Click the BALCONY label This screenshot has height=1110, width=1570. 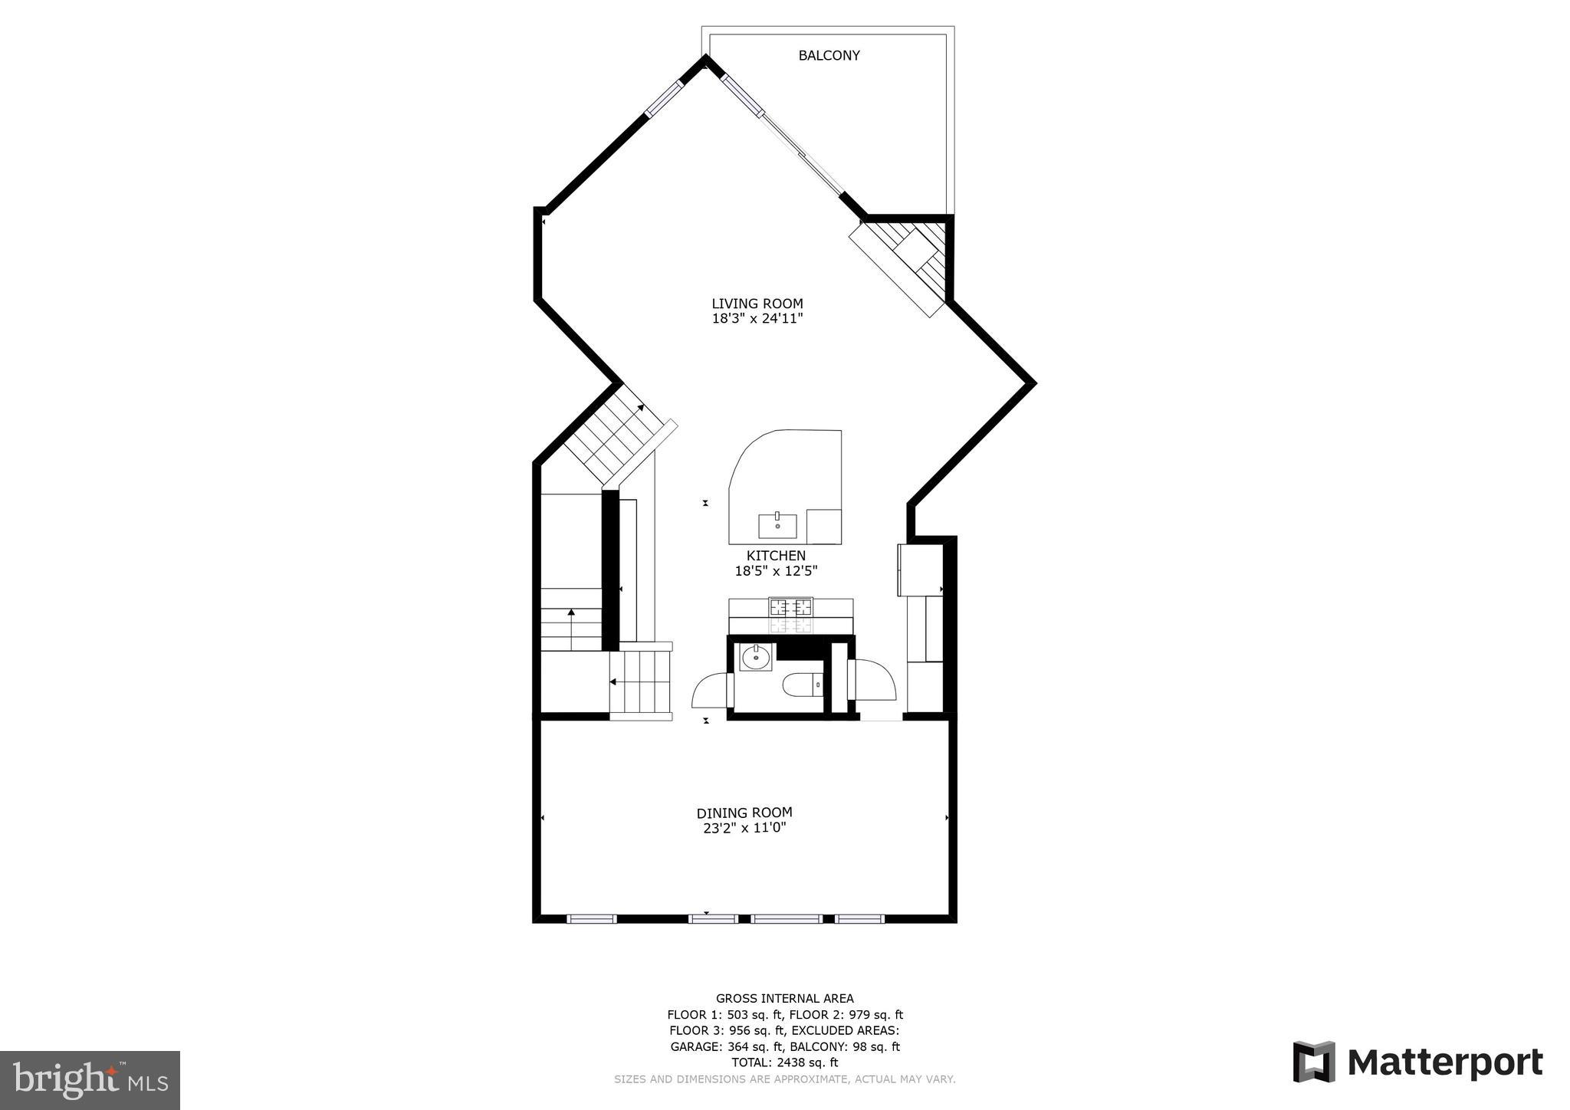[829, 55]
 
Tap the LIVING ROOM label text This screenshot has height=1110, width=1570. [757, 304]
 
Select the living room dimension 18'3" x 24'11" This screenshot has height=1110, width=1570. [757, 319]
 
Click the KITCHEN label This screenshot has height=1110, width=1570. [776, 556]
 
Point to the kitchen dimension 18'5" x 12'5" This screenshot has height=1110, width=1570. [776, 571]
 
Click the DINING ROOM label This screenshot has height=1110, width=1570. [744, 813]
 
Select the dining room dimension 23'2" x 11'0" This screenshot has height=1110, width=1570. [744, 828]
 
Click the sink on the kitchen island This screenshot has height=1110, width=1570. [777, 527]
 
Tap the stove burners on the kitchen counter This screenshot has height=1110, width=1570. [791, 608]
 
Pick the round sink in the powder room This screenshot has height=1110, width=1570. [757, 657]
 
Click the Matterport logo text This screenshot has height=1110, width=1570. [1444, 1062]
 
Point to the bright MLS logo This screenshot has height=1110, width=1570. [90, 1080]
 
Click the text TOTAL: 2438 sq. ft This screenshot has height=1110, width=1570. [784, 1062]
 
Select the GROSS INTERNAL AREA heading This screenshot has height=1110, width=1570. [784, 998]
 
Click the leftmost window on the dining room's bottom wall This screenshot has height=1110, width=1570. [591, 918]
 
